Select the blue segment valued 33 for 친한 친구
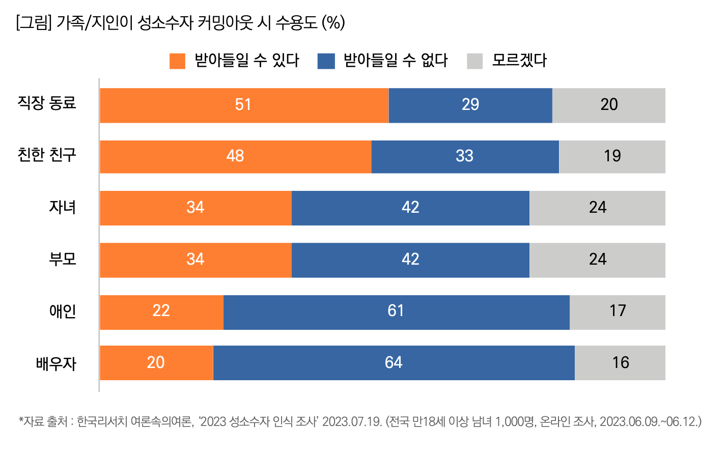465,157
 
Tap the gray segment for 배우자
620,363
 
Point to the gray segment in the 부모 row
597,260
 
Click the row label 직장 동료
47,103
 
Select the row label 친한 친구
47,155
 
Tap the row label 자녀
62,207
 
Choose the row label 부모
62,259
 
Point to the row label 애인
62,311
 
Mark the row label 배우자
56,363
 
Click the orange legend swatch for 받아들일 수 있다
177,61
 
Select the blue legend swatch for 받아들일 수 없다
326,61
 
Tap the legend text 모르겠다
519,61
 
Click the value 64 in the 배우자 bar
394,362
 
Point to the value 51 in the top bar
243,104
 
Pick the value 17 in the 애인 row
618,310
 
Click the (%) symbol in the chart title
333,22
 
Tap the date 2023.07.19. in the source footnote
352,421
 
